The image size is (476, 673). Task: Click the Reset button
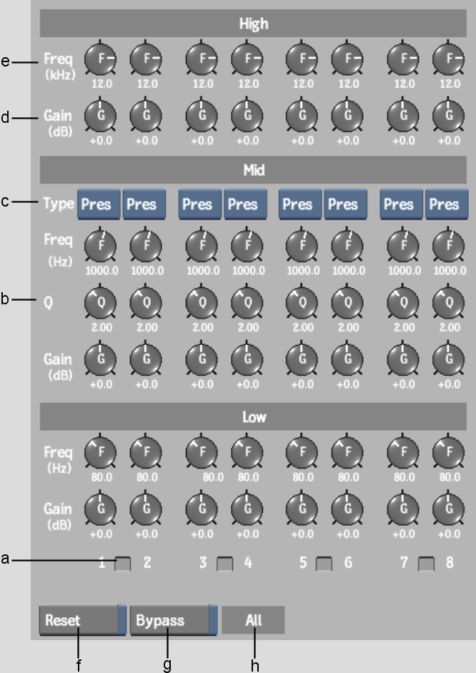(x=82, y=620)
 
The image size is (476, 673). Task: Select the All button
(x=253, y=620)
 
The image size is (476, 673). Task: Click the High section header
(x=253, y=23)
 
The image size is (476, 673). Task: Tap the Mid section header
(x=253, y=170)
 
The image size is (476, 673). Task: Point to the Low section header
(x=253, y=417)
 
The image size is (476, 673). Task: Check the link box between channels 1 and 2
(x=123, y=564)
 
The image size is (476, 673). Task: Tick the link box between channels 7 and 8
(x=426, y=564)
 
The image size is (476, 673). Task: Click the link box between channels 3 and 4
(x=225, y=564)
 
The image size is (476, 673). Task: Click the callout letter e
(x=5, y=62)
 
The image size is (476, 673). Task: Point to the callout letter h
(x=255, y=665)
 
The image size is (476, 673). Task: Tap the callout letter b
(x=5, y=299)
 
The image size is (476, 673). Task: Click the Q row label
(x=49, y=303)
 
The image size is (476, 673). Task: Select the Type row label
(x=59, y=203)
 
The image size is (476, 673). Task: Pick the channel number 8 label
(x=450, y=562)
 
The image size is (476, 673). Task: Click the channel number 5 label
(x=303, y=562)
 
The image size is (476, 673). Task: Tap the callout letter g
(x=167, y=666)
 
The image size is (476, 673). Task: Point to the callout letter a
(x=5, y=559)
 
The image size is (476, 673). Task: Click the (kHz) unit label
(x=61, y=75)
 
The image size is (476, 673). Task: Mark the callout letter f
(x=79, y=665)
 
